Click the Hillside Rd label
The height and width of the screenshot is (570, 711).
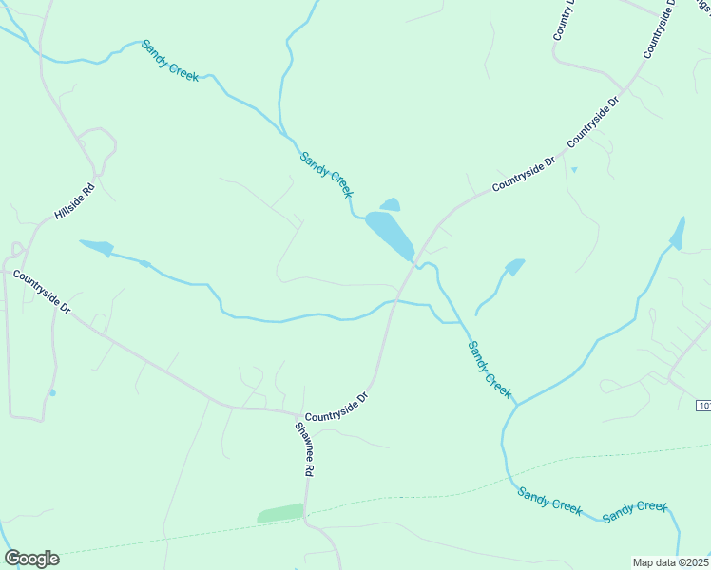(x=75, y=200)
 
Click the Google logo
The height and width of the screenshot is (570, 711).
(x=31, y=558)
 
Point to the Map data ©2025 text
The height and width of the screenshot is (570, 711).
(x=671, y=562)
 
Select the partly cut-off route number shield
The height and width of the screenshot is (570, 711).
(x=703, y=406)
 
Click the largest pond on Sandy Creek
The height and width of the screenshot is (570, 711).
(x=390, y=233)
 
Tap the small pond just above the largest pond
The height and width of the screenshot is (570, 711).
(x=390, y=204)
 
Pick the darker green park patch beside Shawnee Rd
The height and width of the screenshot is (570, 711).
(x=280, y=514)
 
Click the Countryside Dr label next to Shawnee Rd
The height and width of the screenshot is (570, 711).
(x=336, y=405)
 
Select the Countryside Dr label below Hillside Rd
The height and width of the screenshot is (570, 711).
(x=42, y=292)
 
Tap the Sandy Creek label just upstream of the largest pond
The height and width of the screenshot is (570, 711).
(x=326, y=174)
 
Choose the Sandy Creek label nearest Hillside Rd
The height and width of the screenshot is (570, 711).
(x=170, y=61)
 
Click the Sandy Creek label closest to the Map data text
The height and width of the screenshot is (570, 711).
(x=635, y=510)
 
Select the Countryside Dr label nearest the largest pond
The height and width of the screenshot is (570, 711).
(x=524, y=178)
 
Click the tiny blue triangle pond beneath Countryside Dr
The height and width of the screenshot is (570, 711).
(x=574, y=170)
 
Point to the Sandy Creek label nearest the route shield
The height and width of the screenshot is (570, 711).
(x=490, y=370)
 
